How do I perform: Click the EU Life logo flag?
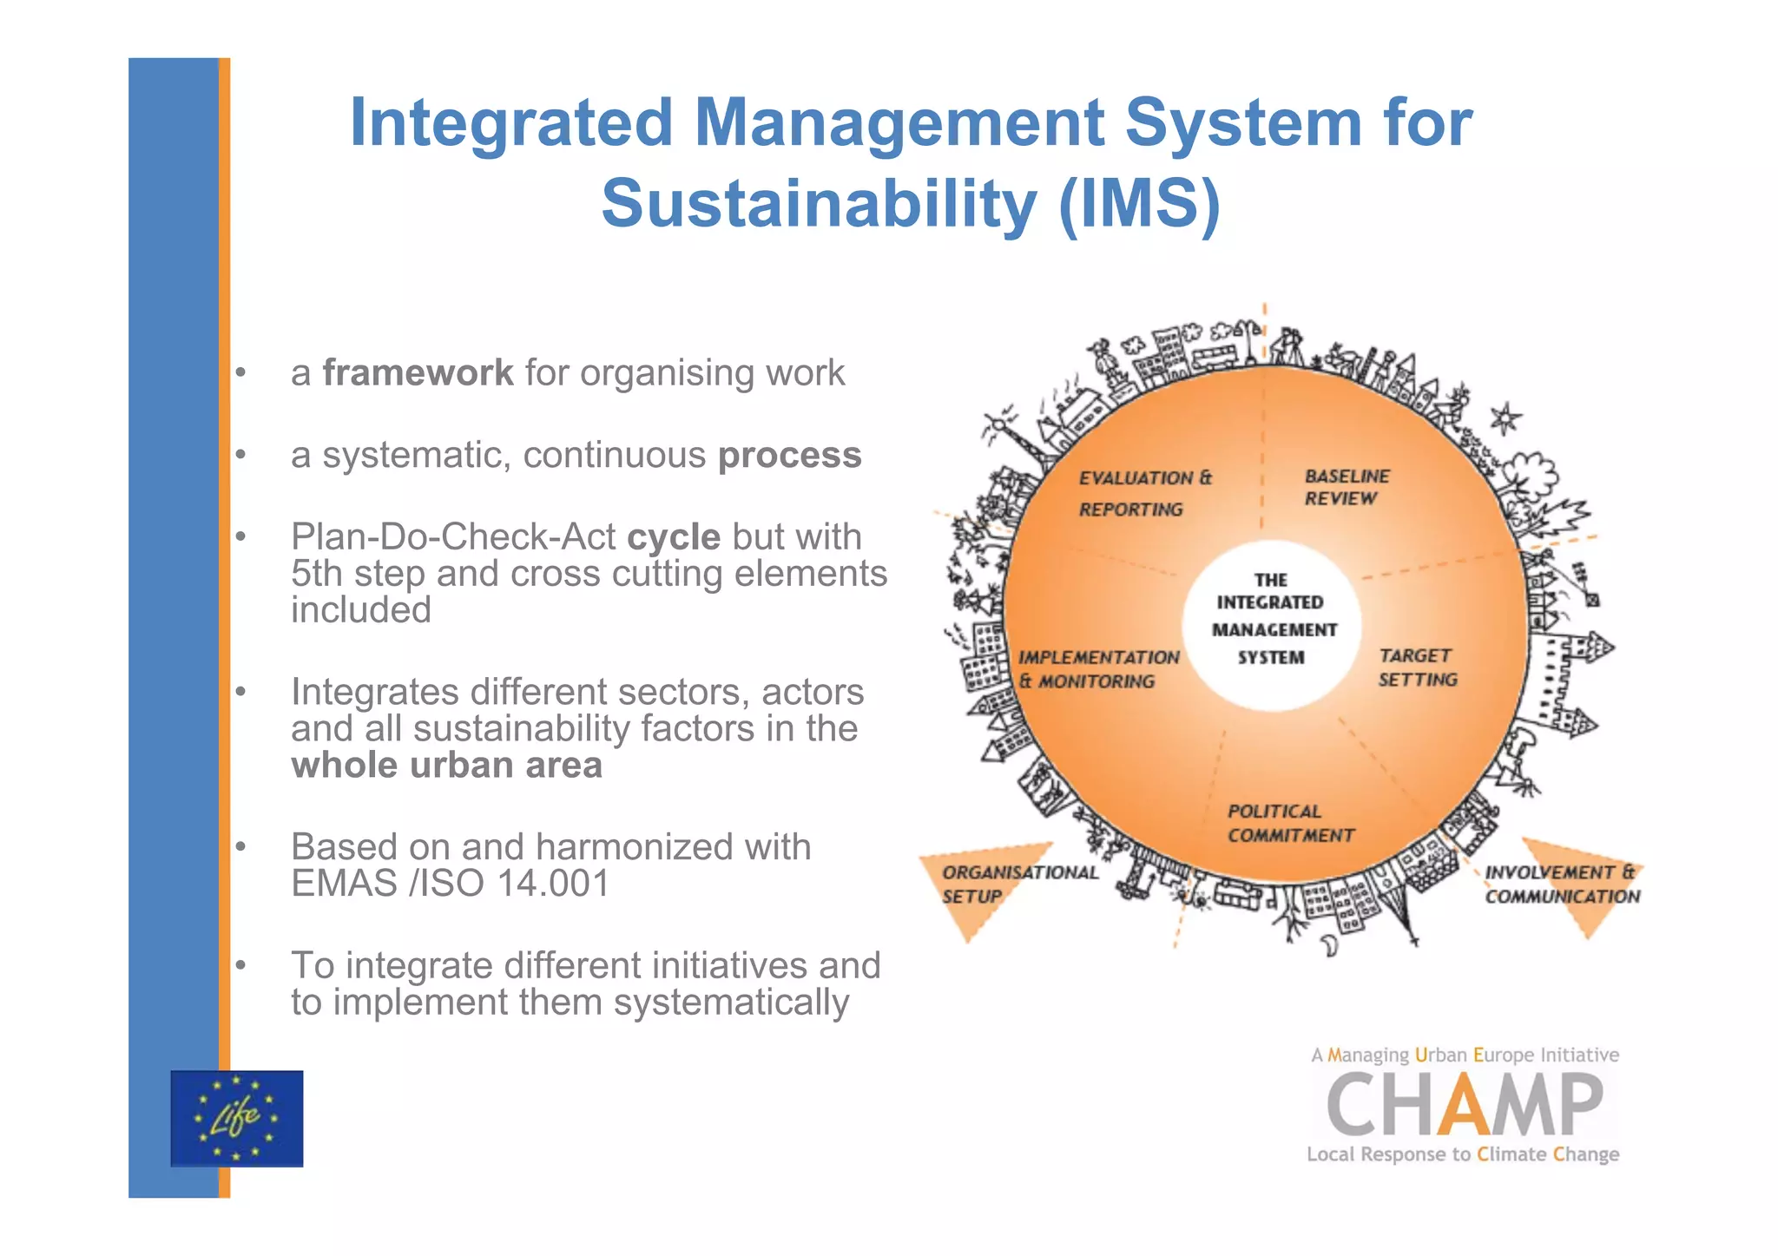(x=236, y=1118)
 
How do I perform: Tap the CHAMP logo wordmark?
(x=1465, y=1104)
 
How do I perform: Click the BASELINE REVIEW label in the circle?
(x=1346, y=487)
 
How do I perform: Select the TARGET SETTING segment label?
(x=1418, y=667)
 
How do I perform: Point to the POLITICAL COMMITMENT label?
(x=1289, y=823)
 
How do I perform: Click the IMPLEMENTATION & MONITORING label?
(x=1097, y=669)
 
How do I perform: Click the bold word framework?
(x=418, y=373)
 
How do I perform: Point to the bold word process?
(x=789, y=455)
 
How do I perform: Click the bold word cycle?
(x=673, y=537)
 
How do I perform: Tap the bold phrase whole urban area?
(x=446, y=766)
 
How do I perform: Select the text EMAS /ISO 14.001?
(x=450, y=884)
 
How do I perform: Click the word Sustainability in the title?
(x=819, y=203)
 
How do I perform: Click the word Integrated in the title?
(x=511, y=122)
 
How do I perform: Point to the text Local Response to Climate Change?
(x=1463, y=1154)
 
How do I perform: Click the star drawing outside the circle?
(x=1505, y=418)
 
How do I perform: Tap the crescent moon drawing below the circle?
(x=1331, y=944)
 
